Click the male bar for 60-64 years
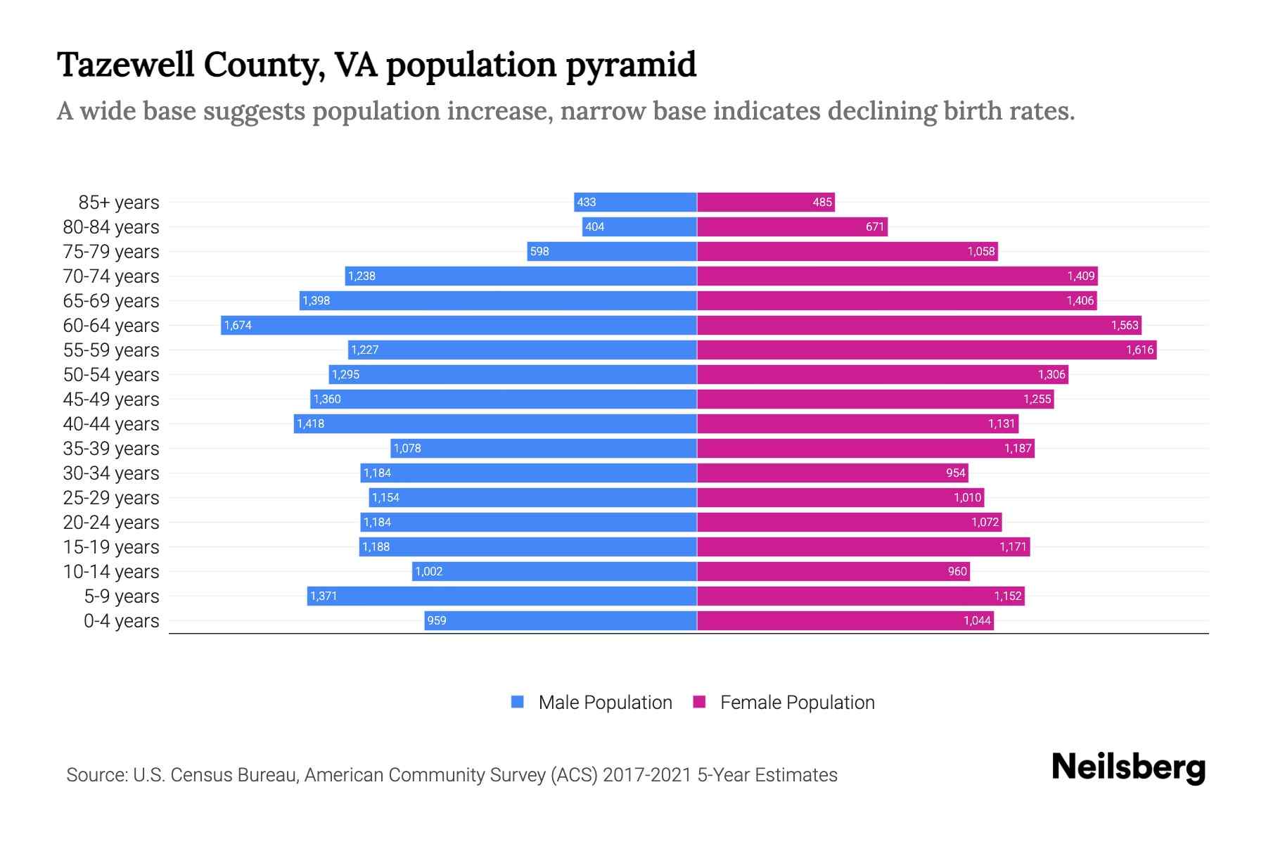tap(459, 325)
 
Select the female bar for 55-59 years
tap(926, 350)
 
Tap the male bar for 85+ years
tap(635, 202)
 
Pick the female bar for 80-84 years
tap(792, 226)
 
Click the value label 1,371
tap(324, 596)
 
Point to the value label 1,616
tap(1139, 350)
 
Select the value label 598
tap(539, 251)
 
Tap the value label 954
tap(955, 473)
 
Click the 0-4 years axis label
tap(121, 621)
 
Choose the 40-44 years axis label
tap(111, 424)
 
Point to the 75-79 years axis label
tap(111, 252)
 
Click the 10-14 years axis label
tap(111, 572)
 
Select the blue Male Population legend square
tap(518, 702)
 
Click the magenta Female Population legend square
tap(699, 702)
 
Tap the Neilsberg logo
tap(1128, 767)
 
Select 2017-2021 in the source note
tap(646, 775)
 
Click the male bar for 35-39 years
tap(544, 448)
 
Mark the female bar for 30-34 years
tap(832, 473)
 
